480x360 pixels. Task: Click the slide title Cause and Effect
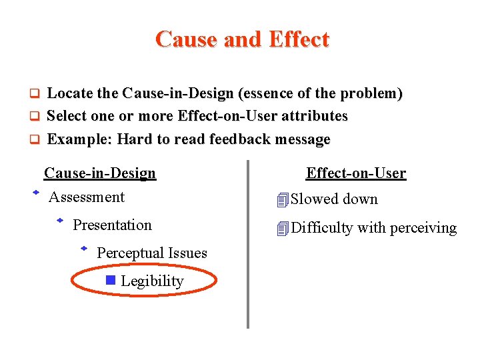coord(242,39)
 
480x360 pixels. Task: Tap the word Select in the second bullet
coord(67,116)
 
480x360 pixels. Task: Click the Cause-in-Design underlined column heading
coord(100,173)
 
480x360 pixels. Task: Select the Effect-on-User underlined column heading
coord(356,173)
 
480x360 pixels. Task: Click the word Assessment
coord(87,197)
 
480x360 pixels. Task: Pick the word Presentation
coord(112,225)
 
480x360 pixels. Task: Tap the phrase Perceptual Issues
coord(152,253)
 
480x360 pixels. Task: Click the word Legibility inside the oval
coord(152,281)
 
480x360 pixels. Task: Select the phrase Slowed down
coord(334,199)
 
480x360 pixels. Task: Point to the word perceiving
coord(423,228)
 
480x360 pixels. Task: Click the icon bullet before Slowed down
coord(283,199)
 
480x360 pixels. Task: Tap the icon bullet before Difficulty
coord(283,228)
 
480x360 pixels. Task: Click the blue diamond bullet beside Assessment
coord(37,193)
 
